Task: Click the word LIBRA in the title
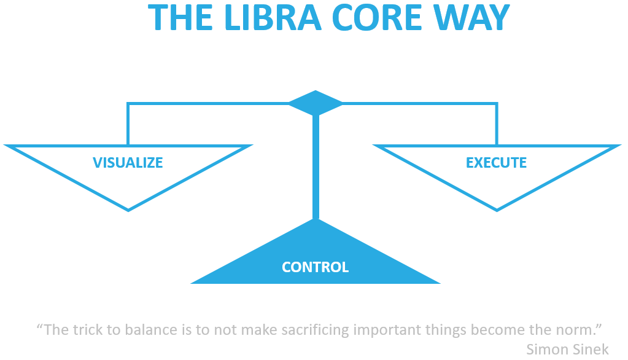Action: click(274, 18)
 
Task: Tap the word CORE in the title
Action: click(377, 18)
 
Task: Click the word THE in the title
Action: click(180, 18)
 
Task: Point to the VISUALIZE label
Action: click(128, 162)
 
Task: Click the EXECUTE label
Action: click(496, 162)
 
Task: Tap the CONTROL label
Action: click(315, 267)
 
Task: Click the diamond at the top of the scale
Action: click(316, 103)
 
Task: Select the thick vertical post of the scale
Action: click(316, 166)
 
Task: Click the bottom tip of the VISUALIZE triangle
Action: click(128, 211)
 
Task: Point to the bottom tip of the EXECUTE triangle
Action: click(497, 211)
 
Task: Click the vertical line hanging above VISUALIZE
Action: click(128, 124)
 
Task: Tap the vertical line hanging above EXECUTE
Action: click(497, 124)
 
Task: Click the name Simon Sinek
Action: click(567, 349)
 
